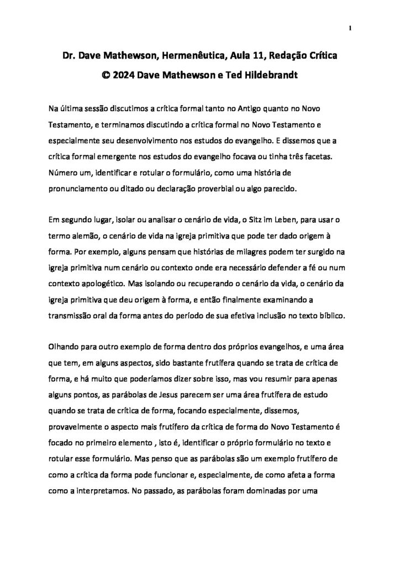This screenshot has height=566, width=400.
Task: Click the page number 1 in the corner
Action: tap(350, 28)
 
